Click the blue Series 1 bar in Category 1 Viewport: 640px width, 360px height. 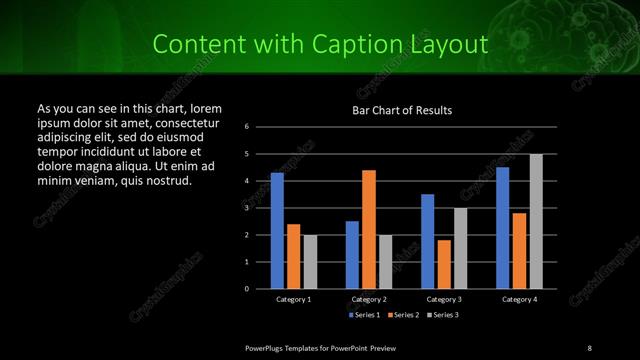(277, 230)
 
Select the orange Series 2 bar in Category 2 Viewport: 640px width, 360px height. (369, 229)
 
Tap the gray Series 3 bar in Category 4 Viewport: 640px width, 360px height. (536, 221)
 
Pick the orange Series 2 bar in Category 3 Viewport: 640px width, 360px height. (444, 264)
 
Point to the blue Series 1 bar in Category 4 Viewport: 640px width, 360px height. (503, 227)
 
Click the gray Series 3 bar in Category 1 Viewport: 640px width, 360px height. (310, 261)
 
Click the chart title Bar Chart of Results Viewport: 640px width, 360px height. (402, 110)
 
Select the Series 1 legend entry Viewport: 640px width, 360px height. (363, 315)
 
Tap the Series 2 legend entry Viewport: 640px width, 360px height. (403, 315)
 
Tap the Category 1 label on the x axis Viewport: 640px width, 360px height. (293, 299)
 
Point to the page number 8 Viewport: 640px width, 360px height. (589, 347)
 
